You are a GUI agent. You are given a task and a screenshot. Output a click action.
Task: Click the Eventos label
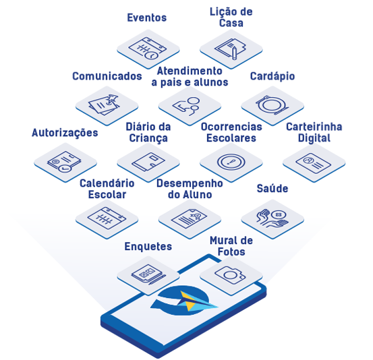[x=147, y=18]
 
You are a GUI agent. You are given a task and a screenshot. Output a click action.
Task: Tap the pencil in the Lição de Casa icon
[x=234, y=53]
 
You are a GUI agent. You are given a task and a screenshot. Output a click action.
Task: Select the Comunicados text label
[x=107, y=76]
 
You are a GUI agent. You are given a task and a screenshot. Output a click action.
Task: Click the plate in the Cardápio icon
[x=272, y=104]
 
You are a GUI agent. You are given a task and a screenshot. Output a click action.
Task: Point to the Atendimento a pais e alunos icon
[x=188, y=106]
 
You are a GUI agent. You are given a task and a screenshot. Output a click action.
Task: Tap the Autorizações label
[x=65, y=132]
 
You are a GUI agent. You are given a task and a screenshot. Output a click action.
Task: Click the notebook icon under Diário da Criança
[x=148, y=162]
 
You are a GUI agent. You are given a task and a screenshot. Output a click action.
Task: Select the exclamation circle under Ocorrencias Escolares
[x=231, y=162]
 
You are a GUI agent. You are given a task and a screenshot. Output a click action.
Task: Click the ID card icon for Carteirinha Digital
[x=313, y=163]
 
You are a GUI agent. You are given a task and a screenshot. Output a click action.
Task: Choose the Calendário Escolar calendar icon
[x=107, y=218]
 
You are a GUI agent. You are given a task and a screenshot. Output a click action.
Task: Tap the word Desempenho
[x=190, y=183]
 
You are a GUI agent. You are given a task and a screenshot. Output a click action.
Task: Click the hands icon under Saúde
[x=272, y=218]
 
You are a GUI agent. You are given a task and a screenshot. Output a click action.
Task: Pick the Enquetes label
[x=148, y=246]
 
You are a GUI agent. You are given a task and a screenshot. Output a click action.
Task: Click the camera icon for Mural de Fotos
[x=230, y=275]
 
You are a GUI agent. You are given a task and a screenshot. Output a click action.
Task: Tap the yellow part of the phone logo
[x=189, y=301]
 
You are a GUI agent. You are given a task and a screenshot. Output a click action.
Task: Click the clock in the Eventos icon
[x=152, y=55]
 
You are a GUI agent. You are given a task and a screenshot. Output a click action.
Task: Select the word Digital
[x=314, y=138]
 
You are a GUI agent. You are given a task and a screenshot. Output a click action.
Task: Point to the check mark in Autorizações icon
[x=65, y=169]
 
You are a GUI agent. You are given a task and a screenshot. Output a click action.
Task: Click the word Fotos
[x=231, y=251]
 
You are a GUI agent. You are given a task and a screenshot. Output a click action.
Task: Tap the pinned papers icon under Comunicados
[x=104, y=104]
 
